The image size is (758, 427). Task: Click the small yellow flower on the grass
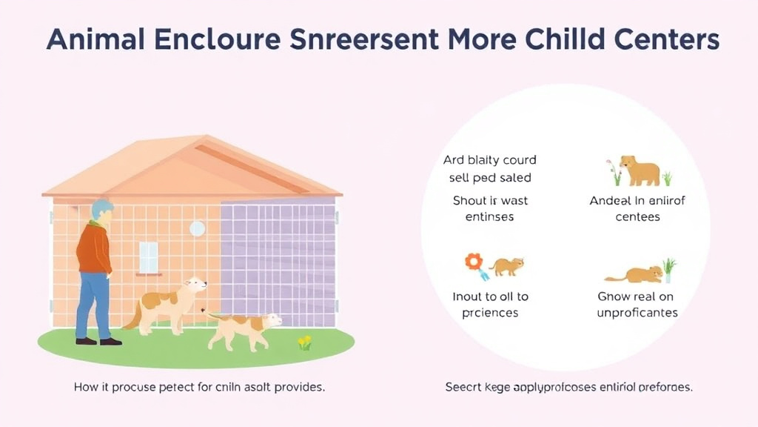point(304,342)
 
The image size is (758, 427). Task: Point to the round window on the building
point(197,228)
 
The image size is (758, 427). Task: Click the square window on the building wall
point(149,257)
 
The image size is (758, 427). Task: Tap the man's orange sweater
point(95,249)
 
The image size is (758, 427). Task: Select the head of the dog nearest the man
point(195,287)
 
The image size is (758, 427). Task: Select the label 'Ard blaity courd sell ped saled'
point(489,169)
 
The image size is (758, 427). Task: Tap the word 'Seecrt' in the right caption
point(463,387)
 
